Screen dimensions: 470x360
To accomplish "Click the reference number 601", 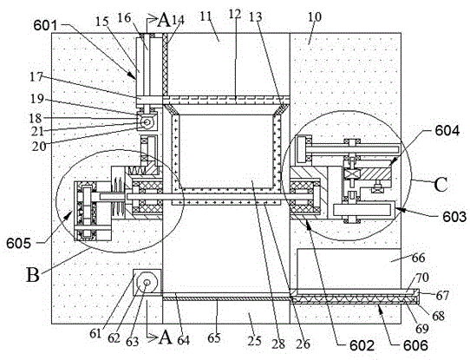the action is click(45, 25).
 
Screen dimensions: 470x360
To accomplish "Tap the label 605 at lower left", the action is click(18, 243).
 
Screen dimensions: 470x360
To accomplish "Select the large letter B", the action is click(33, 275).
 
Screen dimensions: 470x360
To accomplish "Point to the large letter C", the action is click(441, 185).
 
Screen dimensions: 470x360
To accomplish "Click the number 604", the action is click(447, 131).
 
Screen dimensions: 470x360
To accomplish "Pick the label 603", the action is click(454, 216).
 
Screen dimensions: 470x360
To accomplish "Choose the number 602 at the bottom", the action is click(362, 346).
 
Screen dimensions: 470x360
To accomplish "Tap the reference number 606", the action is click(415, 346).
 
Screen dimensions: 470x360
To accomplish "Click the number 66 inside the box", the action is click(418, 258).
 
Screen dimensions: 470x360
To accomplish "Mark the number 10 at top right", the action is click(315, 16).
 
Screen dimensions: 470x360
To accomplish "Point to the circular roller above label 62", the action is click(147, 283).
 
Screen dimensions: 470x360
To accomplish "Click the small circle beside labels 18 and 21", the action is click(147, 122).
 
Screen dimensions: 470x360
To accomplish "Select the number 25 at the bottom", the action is click(254, 341).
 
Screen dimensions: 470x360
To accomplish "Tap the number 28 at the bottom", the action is click(278, 344).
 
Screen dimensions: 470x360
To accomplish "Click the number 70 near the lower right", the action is click(422, 278).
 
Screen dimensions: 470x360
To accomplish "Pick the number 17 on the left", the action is click(36, 77).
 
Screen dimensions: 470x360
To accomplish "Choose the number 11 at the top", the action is click(206, 16).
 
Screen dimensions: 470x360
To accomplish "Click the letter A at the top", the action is click(164, 20).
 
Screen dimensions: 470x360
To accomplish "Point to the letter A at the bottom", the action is click(166, 337).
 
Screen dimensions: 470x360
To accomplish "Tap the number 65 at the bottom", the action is click(214, 337).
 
